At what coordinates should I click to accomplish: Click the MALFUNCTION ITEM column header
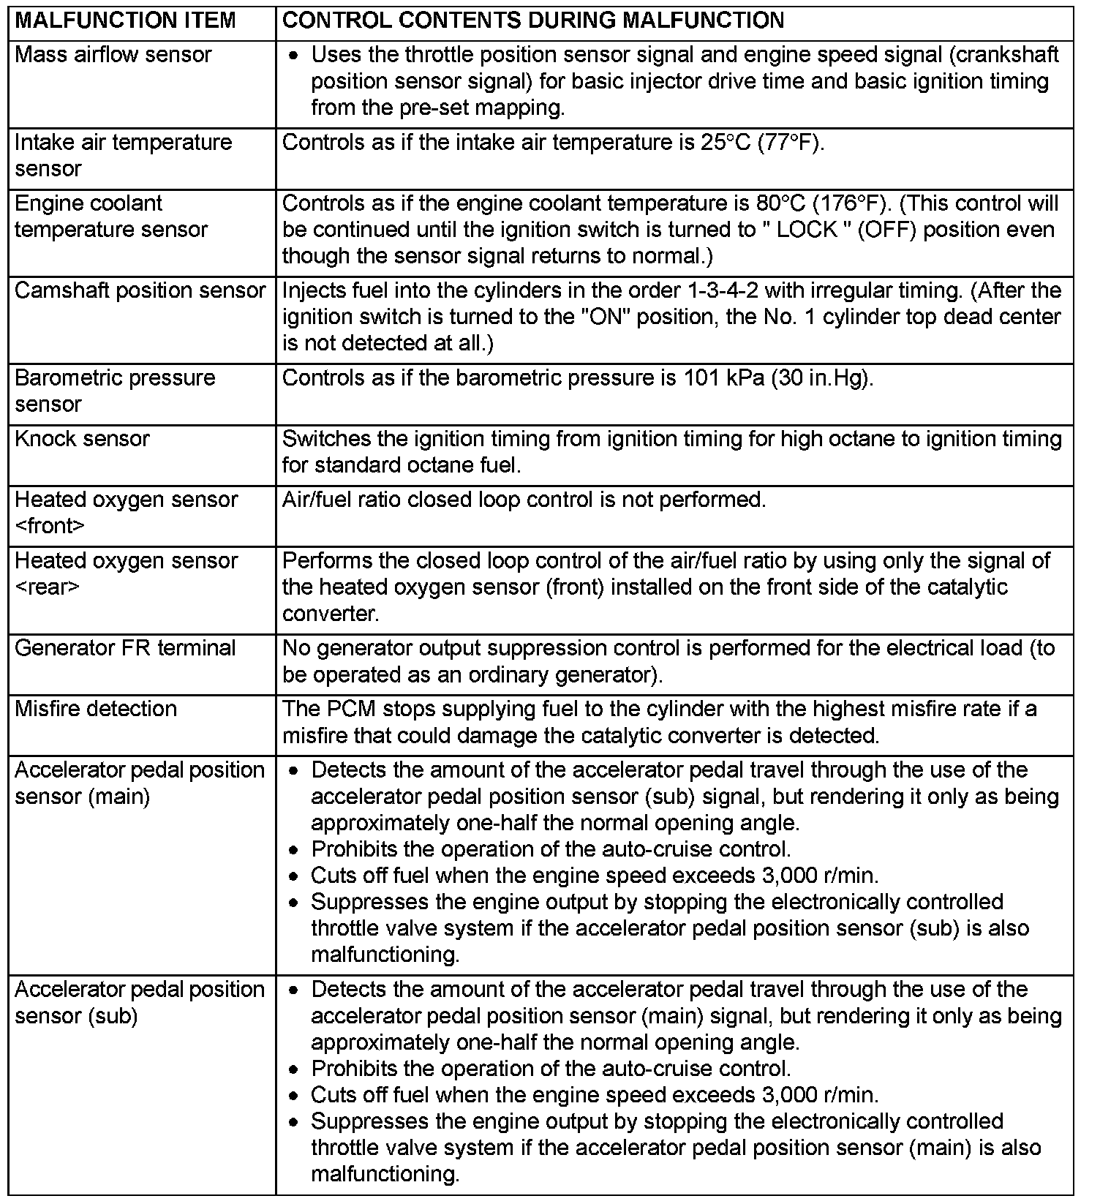point(125,20)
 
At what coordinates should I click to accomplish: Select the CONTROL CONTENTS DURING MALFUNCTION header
point(532,20)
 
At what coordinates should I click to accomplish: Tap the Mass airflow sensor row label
point(113,55)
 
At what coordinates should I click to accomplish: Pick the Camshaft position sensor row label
point(140,291)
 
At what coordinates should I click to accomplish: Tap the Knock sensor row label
point(82,439)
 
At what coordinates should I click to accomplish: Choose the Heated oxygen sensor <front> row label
point(126,513)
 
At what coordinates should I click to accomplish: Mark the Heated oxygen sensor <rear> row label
point(126,573)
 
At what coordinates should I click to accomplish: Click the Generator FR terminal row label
point(125,648)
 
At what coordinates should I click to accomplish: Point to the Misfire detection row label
point(96,709)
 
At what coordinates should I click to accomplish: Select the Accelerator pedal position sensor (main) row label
point(139,783)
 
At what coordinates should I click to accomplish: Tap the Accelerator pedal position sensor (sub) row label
point(139,1002)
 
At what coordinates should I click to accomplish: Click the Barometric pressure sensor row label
point(115,391)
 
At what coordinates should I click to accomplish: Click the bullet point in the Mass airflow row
point(293,56)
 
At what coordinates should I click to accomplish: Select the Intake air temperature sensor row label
point(123,155)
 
